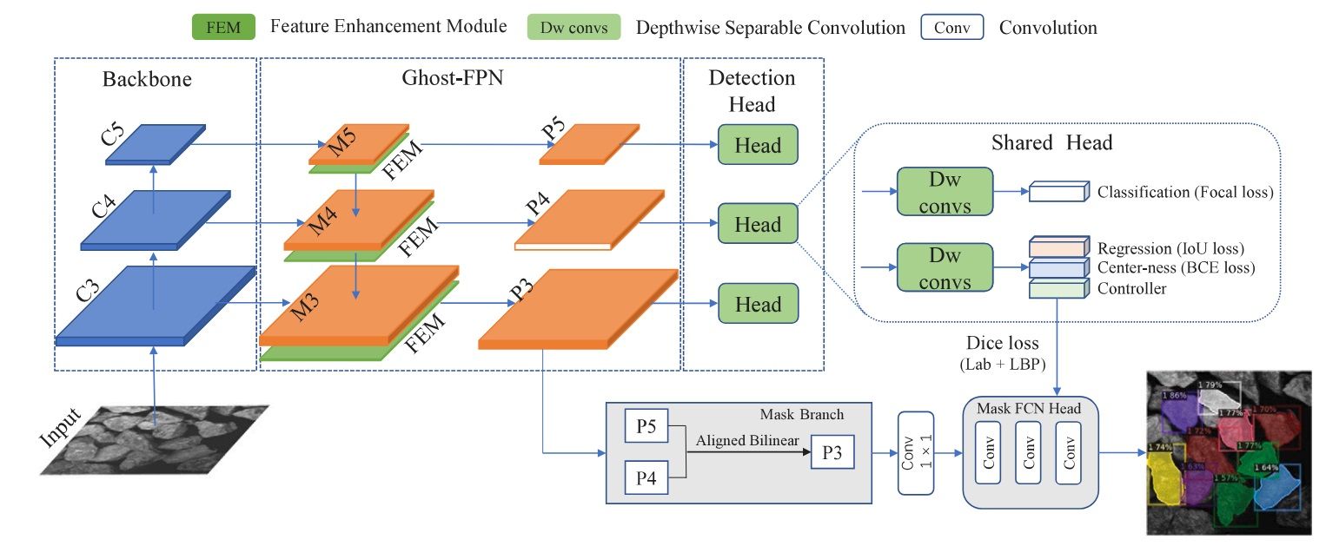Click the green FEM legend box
pyautogui.click(x=224, y=27)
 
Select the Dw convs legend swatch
pyautogui.click(x=573, y=27)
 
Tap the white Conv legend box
pyautogui.click(x=951, y=27)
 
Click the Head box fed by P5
pyautogui.click(x=758, y=145)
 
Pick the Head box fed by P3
pyautogui.click(x=758, y=305)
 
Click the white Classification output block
pyautogui.click(x=1058, y=192)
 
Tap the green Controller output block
pyautogui.click(x=1058, y=288)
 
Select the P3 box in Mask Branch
pyautogui.click(x=832, y=453)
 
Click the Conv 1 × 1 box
pyautogui.click(x=916, y=453)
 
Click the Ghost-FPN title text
pyautogui.click(x=453, y=78)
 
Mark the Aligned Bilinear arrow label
pyautogui.click(x=747, y=441)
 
